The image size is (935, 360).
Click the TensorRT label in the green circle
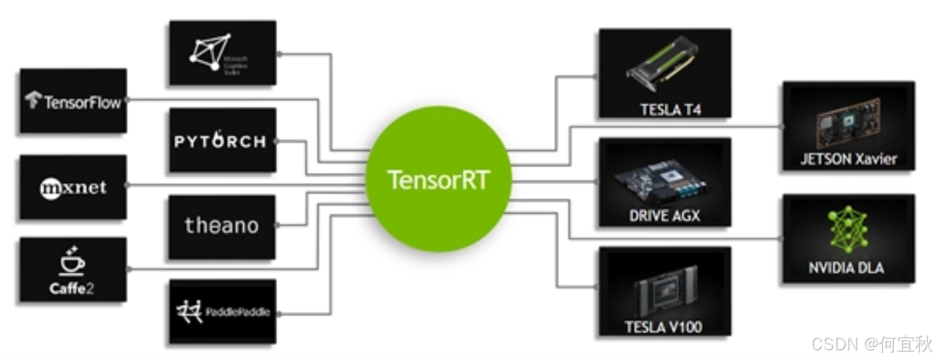[x=438, y=180]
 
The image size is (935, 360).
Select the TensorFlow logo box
[x=73, y=101]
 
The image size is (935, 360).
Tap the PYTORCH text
[x=220, y=141]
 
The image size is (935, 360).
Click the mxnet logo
[x=73, y=188]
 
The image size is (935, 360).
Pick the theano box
[x=222, y=226]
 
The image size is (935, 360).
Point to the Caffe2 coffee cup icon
[x=72, y=261]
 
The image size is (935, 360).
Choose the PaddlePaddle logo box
[x=223, y=312]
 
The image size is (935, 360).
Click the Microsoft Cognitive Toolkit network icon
[x=210, y=52]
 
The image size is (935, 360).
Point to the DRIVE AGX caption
[x=665, y=215]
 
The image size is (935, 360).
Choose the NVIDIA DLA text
[x=846, y=268]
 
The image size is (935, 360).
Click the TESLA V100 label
[x=663, y=327]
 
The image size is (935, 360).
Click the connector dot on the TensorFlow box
[x=128, y=100]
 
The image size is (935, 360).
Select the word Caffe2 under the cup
[x=72, y=288]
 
